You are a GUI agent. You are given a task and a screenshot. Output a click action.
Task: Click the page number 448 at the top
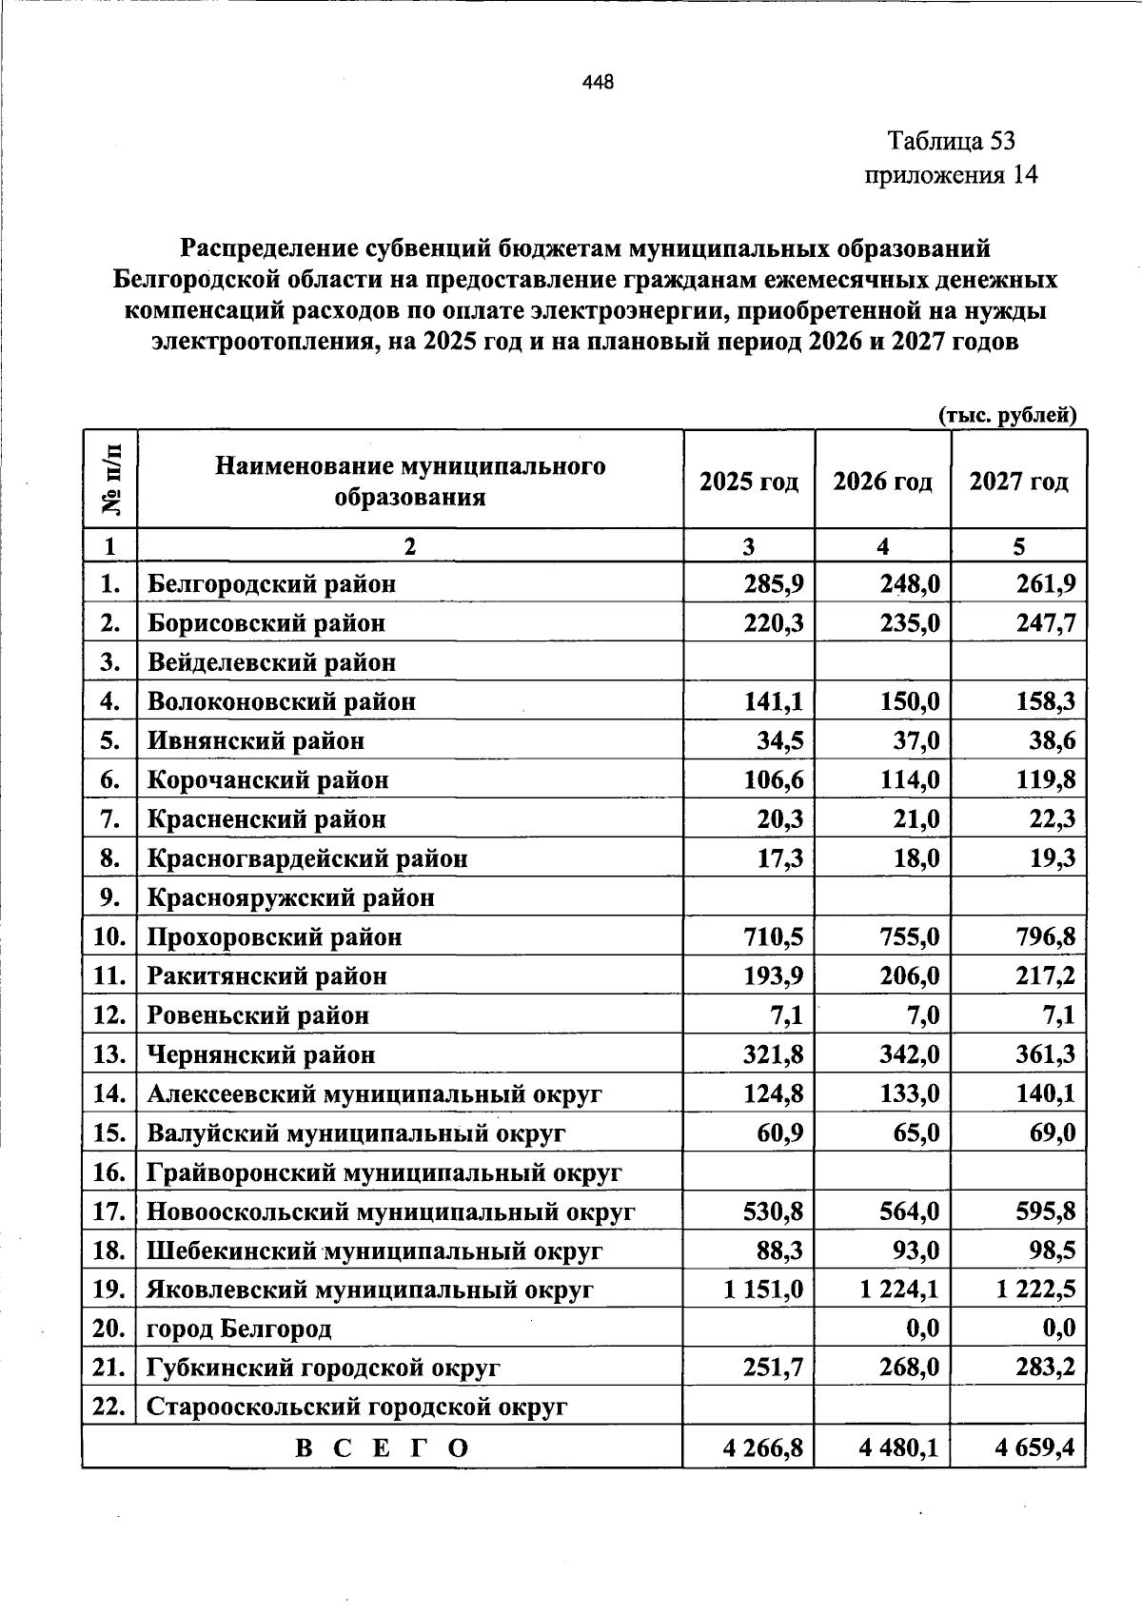[598, 82]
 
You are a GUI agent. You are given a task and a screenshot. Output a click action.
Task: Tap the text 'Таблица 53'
[951, 142]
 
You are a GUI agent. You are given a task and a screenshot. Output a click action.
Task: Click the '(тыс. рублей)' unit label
[1007, 415]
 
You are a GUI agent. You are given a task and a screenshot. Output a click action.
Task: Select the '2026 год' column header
[882, 481]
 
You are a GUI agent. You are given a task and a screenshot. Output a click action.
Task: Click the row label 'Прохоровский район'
[274, 937]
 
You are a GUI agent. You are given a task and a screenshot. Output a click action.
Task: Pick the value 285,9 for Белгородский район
[774, 583]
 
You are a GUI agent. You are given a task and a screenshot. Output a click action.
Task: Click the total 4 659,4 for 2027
[1034, 1448]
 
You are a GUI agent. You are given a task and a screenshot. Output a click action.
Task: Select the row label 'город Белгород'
[239, 1329]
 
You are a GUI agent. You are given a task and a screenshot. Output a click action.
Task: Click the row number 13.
[110, 1054]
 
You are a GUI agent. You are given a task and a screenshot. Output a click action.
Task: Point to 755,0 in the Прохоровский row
[909, 937]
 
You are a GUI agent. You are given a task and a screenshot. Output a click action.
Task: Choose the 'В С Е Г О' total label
[383, 1448]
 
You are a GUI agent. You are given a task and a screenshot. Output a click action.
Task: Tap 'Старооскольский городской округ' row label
[357, 1407]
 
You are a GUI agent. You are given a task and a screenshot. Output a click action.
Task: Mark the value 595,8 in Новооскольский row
[1045, 1211]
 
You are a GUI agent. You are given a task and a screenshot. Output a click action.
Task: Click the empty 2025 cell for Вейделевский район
[749, 662]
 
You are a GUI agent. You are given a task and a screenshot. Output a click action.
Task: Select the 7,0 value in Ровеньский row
[922, 1015]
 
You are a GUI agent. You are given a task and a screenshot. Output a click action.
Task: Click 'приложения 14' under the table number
[950, 175]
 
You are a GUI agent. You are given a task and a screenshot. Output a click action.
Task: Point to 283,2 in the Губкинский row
[1045, 1369]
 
